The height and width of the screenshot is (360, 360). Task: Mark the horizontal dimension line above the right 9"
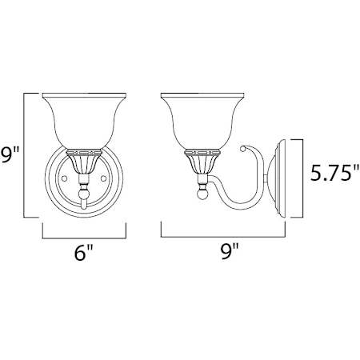coord(224,237)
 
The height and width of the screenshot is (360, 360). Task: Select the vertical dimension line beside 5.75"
coord(302,179)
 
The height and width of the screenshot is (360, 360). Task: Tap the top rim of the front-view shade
coord(83,96)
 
